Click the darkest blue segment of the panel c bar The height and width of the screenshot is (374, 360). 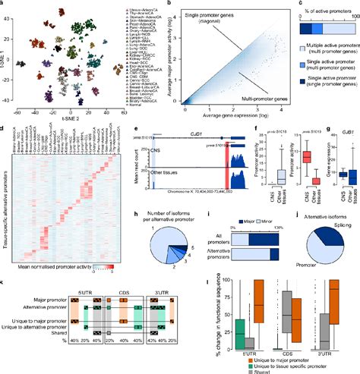(x=337, y=27)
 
